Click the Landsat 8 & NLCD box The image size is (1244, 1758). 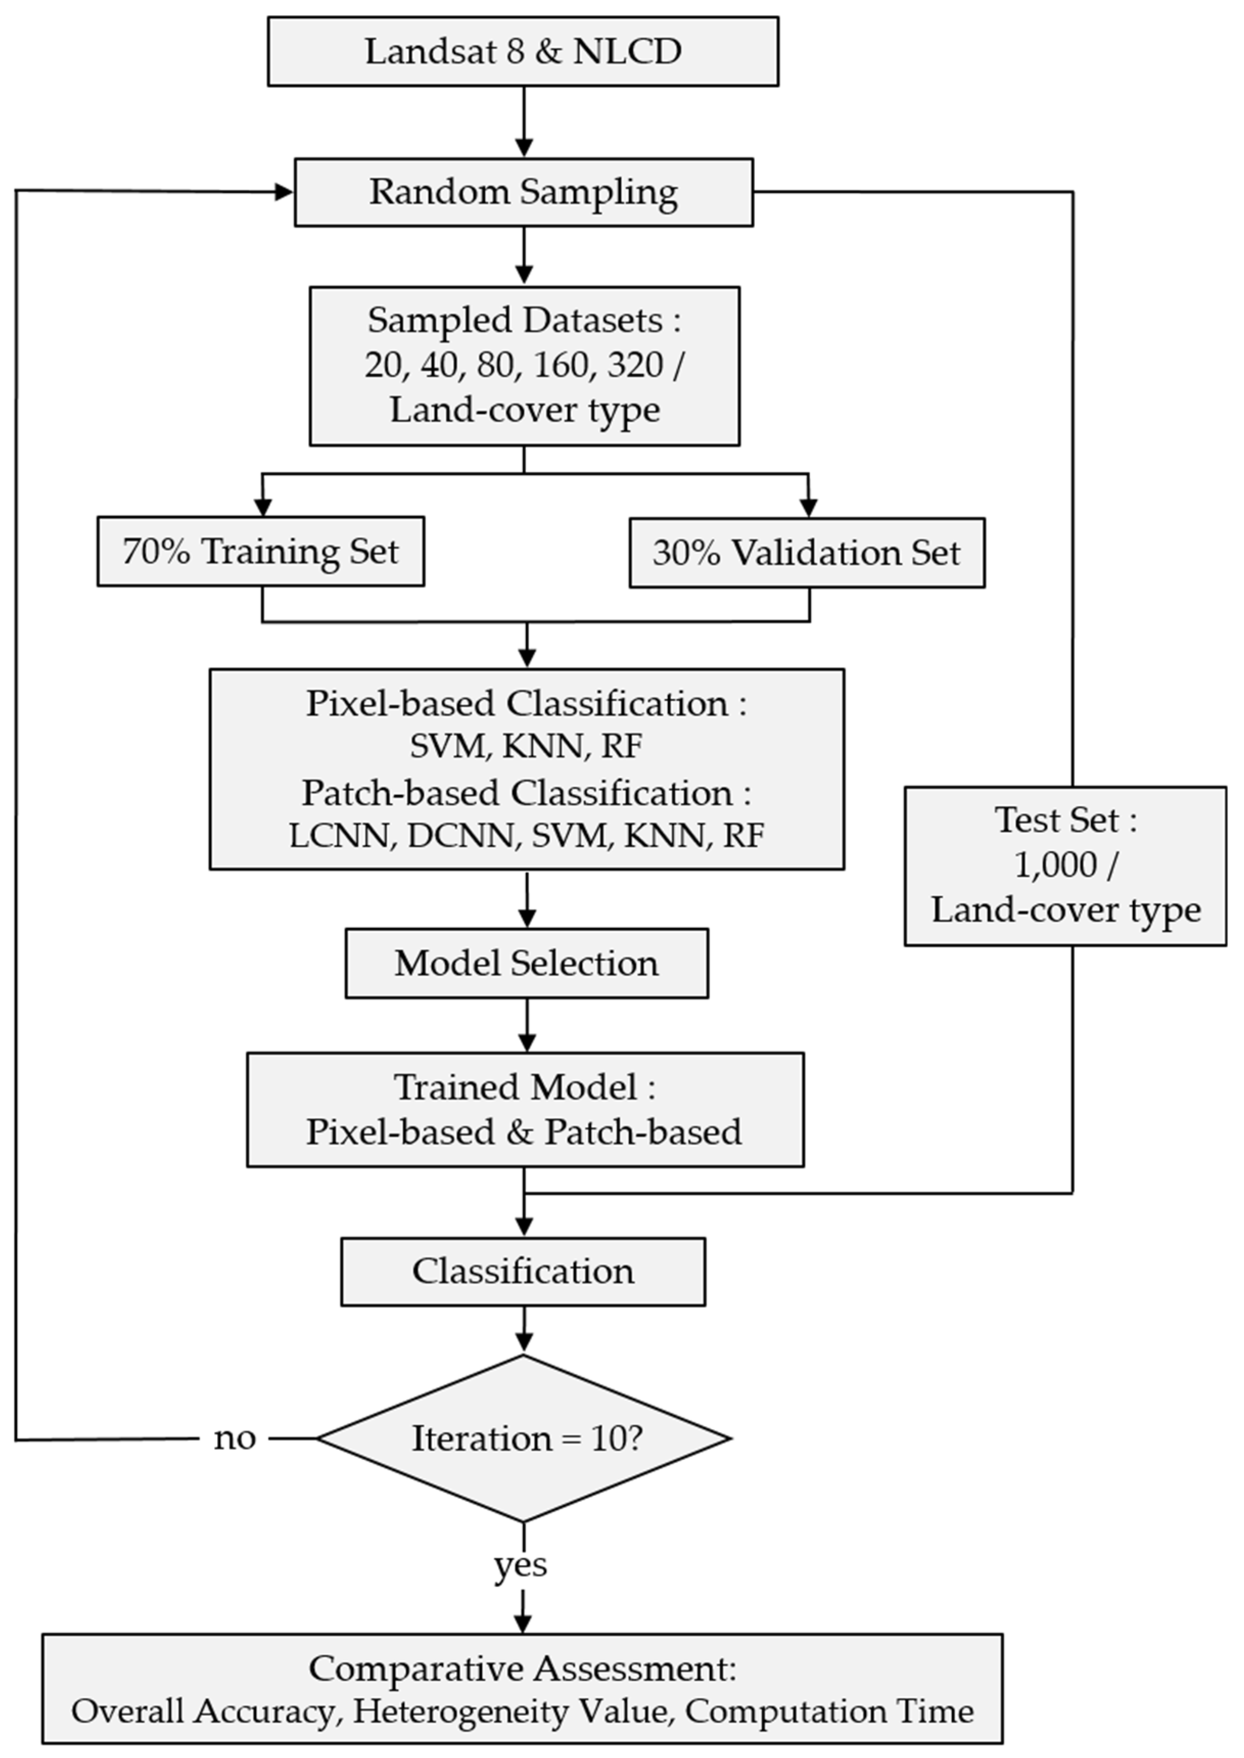click(523, 51)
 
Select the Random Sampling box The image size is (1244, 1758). click(523, 192)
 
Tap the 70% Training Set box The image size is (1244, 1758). click(261, 552)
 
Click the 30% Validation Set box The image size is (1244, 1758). click(807, 553)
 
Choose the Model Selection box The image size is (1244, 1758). click(526, 963)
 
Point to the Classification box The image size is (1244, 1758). click(523, 1271)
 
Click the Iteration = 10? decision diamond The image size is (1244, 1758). click(525, 1439)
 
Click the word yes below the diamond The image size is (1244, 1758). click(521, 1564)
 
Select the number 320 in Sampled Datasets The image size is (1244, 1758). click(635, 365)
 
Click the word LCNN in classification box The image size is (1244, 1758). click(339, 835)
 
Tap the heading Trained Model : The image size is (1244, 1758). click(525, 1087)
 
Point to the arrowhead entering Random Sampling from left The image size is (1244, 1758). click(284, 192)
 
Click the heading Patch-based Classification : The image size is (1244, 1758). click(526, 792)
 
